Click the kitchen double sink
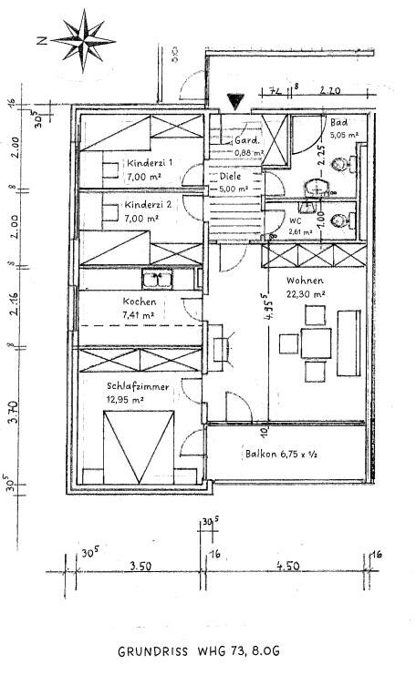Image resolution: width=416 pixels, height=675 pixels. (x=159, y=278)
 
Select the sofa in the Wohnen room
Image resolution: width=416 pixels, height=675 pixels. (x=350, y=342)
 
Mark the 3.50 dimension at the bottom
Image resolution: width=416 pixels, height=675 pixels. (x=140, y=566)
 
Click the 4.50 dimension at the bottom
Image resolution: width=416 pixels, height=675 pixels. (x=287, y=566)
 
